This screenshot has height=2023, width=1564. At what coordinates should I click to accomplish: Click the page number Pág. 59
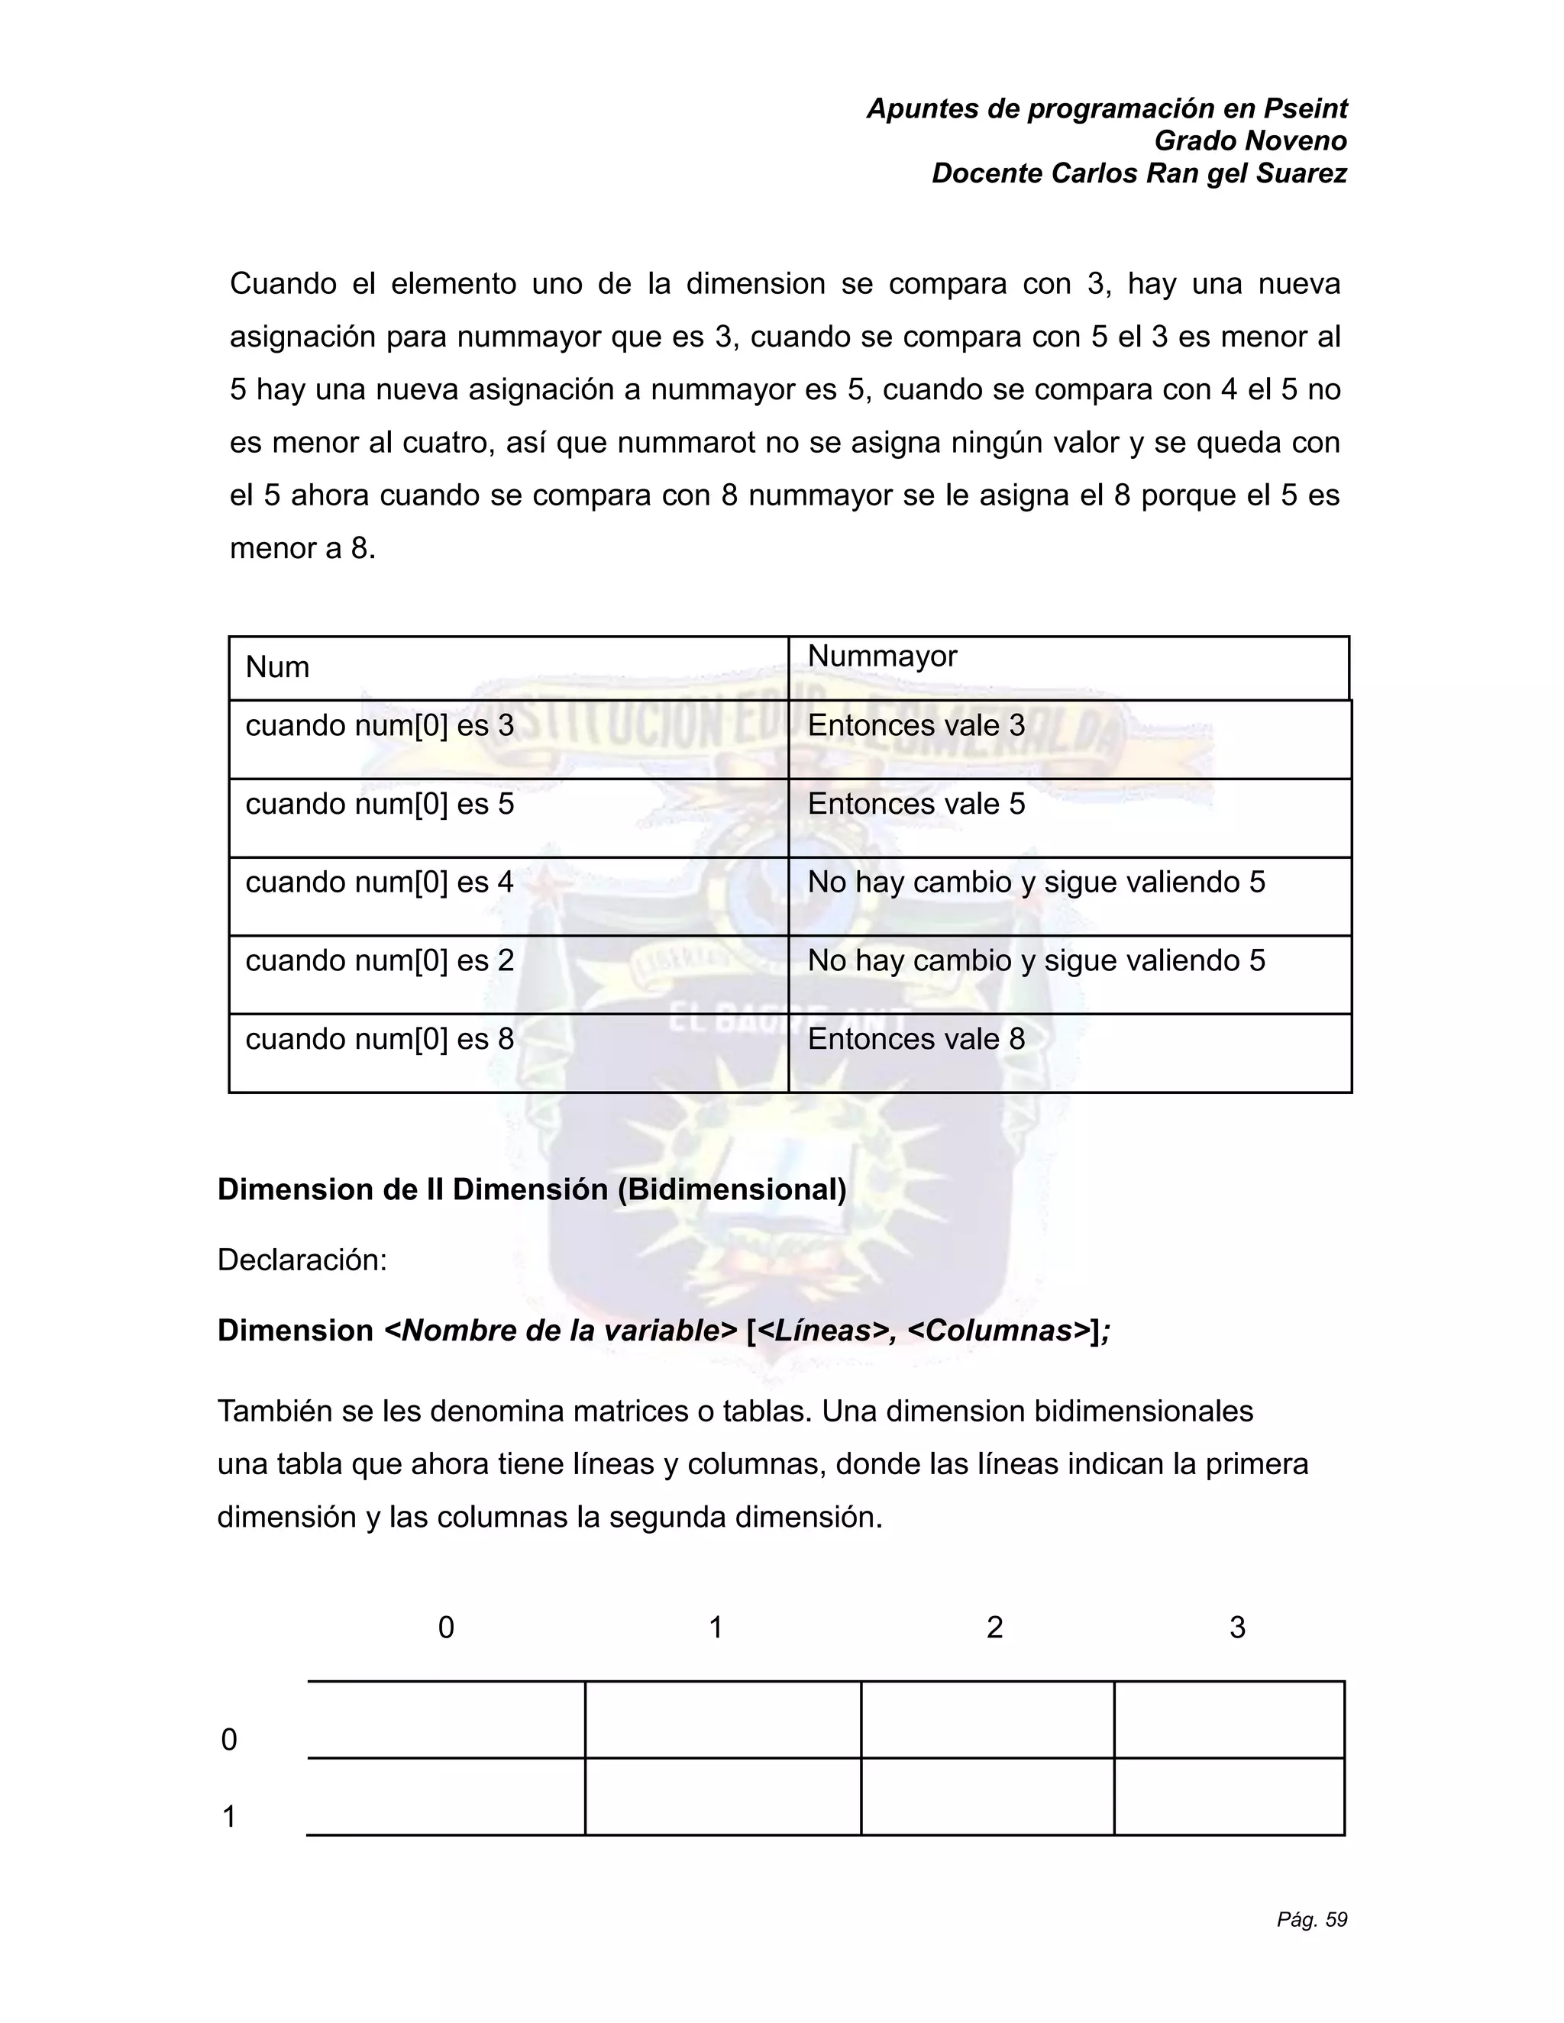coord(1311,1919)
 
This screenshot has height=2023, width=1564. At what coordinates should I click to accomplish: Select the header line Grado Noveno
coord(1250,140)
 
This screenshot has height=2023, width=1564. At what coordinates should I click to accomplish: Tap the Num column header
coord(277,667)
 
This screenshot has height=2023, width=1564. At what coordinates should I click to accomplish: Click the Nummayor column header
coord(881,656)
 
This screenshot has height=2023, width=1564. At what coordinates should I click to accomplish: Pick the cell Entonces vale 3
coord(916,725)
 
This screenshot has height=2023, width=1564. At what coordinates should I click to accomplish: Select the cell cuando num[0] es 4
coord(379,882)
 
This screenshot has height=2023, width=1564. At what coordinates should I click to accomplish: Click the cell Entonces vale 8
coord(916,1038)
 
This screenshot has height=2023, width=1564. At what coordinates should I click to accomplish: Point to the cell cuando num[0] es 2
coord(379,960)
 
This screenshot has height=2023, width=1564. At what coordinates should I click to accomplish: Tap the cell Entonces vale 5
coord(916,804)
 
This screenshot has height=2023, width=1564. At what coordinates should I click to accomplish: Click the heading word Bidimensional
coord(731,1189)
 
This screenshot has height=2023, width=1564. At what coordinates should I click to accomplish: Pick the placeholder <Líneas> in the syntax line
coord(824,1330)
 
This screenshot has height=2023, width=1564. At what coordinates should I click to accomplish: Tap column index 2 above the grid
coord(994,1628)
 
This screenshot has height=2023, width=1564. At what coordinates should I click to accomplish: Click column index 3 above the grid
coord(1237,1628)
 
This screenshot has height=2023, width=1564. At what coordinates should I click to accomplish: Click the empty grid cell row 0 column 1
coord(722,1719)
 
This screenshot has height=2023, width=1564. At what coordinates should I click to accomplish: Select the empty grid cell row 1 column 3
coord(1229,1796)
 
